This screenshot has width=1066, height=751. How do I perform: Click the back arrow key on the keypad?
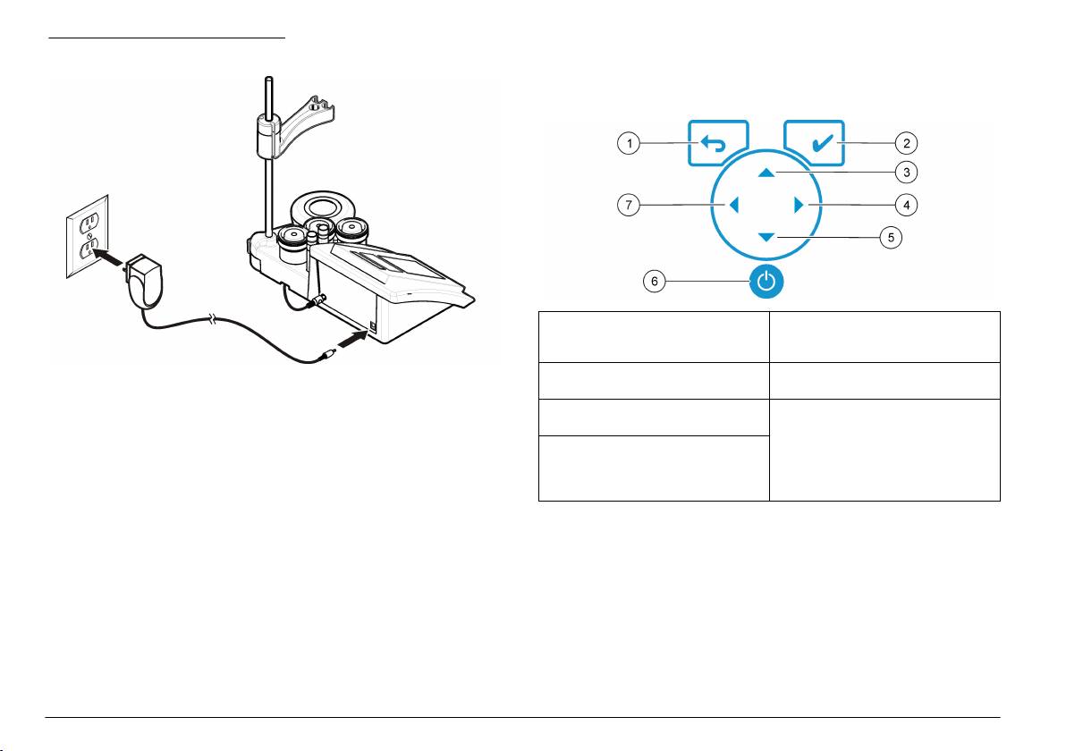718,143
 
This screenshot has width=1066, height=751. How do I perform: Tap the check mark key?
815,143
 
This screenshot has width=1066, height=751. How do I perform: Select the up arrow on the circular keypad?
766,173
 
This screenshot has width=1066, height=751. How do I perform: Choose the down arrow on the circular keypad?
766,237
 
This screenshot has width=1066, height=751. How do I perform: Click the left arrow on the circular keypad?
733,205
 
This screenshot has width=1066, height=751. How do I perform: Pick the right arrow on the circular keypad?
799,205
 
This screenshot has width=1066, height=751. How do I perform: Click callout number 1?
629,143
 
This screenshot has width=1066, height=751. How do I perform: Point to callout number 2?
906,143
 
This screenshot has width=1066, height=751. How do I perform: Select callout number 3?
906,173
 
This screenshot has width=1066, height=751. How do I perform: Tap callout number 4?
906,205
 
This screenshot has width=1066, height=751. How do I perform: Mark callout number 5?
891,237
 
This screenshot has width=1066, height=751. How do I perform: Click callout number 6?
654,281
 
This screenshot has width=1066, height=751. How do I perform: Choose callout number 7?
629,205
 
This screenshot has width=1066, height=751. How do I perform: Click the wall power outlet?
88,237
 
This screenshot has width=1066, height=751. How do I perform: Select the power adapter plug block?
145,280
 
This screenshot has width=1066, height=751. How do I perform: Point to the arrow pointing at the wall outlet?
108,257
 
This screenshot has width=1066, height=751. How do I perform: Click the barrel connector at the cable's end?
326,354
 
